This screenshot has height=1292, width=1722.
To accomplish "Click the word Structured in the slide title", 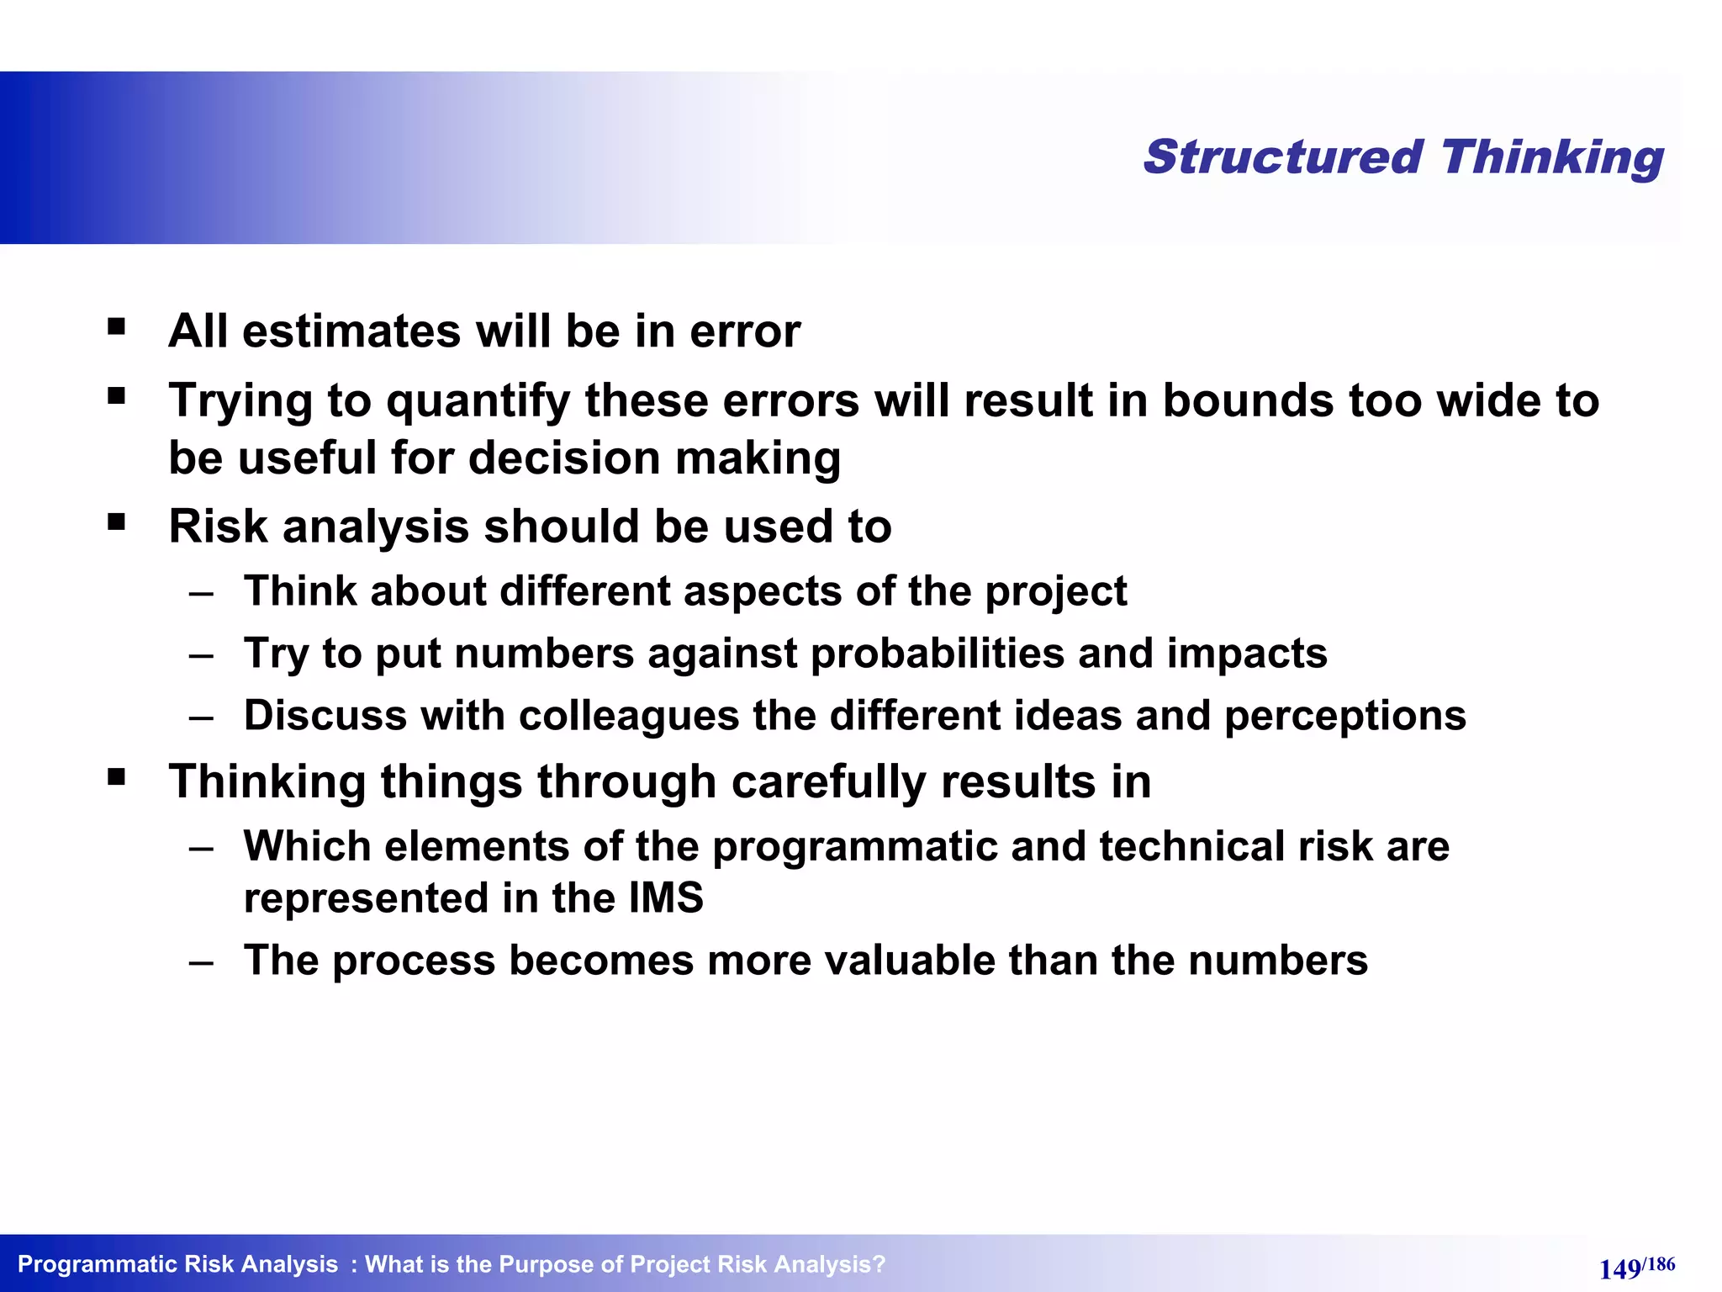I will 1283,157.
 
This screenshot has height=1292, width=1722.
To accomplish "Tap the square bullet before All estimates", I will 117,326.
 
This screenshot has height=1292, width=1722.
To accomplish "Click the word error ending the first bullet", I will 744,331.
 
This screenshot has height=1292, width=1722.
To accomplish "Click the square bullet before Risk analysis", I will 117,522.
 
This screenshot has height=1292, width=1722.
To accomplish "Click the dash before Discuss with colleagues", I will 201,717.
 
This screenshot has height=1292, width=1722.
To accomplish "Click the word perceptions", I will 1344,717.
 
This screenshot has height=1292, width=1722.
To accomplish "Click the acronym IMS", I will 665,898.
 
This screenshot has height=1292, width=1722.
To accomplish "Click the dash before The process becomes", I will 201,961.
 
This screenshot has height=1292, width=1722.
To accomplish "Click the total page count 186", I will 1661,1263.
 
